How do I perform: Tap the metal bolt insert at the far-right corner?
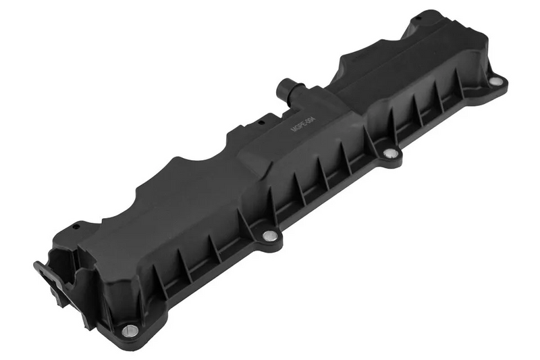(495, 81)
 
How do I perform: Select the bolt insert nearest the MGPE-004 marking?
(389, 154)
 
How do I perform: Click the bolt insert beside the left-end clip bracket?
(130, 330)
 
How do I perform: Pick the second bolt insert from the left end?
(269, 235)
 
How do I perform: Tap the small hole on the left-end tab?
(76, 226)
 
